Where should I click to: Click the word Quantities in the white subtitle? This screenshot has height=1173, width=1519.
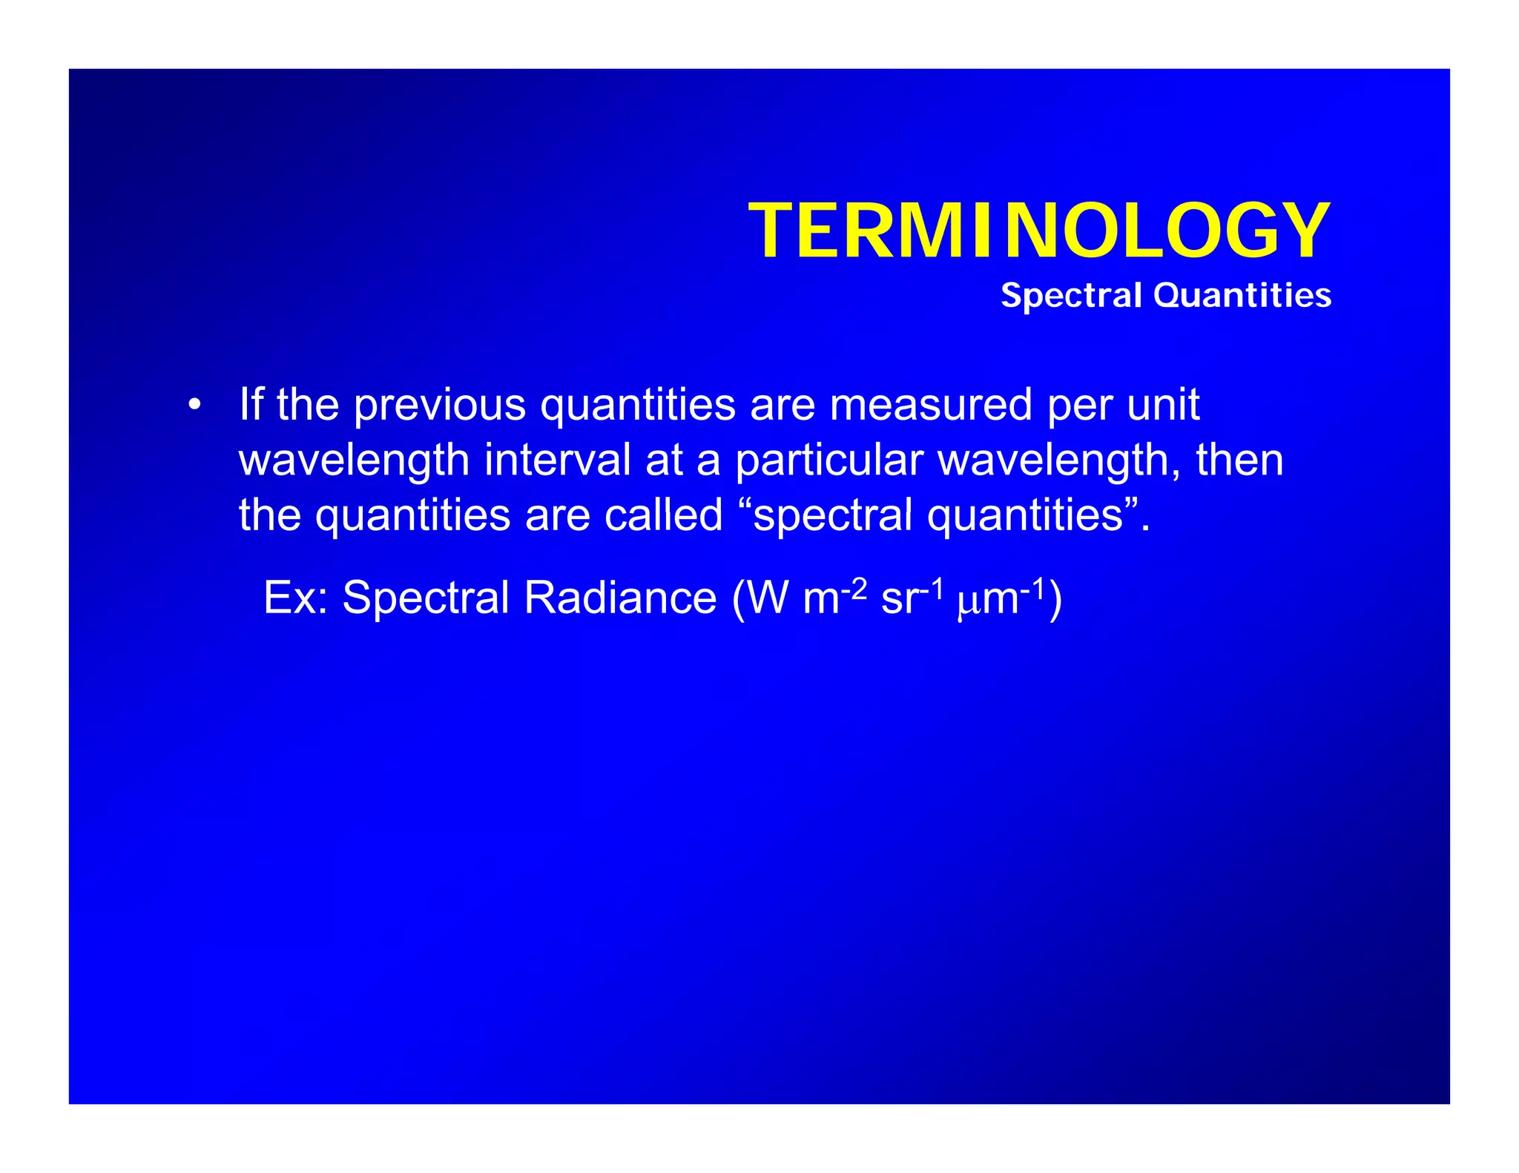(x=1242, y=295)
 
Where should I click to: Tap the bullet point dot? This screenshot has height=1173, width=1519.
(x=194, y=405)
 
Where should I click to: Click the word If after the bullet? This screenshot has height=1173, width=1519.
(x=251, y=404)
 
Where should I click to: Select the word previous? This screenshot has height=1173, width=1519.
(x=439, y=405)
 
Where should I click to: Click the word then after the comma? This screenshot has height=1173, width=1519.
(x=1239, y=460)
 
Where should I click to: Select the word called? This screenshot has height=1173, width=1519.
(x=663, y=515)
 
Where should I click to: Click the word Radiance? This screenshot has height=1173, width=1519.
(x=620, y=597)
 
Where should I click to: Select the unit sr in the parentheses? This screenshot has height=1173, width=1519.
(x=898, y=599)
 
